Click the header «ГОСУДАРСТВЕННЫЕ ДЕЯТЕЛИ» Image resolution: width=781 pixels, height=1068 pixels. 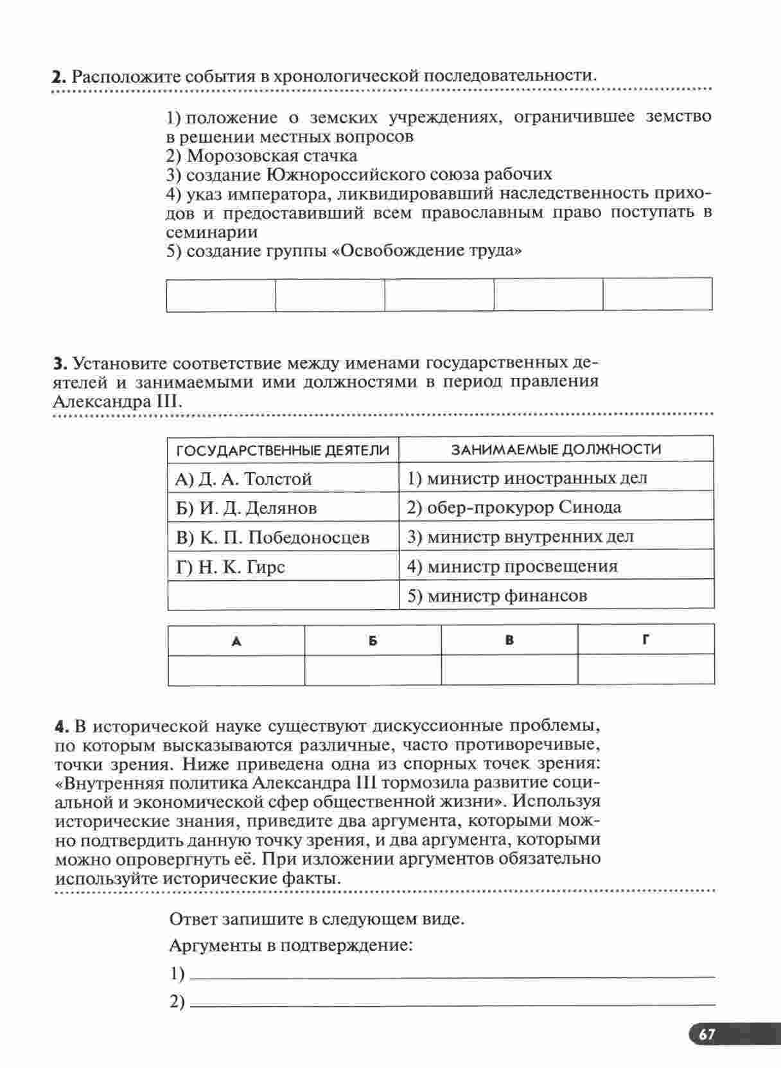[x=283, y=450]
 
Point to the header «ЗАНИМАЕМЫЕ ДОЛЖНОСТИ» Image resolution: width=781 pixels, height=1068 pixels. [x=556, y=449]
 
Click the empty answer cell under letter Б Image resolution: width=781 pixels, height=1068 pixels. [x=373, y=670]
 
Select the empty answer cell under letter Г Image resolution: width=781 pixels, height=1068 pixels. [x=645, y=670]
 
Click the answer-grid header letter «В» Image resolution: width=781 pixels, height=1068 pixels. [x=509, y=640]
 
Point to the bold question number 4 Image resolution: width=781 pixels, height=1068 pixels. [x=61, y=727]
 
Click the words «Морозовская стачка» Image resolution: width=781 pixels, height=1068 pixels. [x=272, y=156]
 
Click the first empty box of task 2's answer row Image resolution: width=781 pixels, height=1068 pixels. [x=220, y=295]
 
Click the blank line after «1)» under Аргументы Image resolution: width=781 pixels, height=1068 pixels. [x=453, y=974]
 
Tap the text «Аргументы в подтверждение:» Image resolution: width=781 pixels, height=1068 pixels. [x=290, y=946]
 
